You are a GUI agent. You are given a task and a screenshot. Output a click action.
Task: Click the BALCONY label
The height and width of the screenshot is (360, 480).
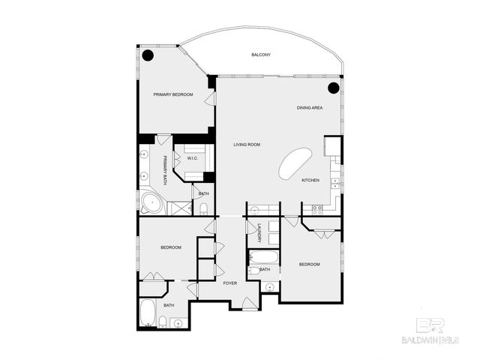coord(261,55)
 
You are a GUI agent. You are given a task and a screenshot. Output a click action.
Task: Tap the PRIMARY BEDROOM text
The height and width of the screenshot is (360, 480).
coord(173,94)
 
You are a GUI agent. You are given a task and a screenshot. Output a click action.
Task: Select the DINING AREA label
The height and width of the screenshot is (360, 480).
coord(309,109)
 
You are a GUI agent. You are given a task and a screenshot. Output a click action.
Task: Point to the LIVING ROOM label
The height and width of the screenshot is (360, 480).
coord(246,145)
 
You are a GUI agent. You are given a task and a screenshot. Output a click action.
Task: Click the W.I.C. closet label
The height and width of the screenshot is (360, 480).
coord(193,158)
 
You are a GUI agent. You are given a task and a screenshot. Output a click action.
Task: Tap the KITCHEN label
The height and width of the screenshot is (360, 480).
coord(310,181)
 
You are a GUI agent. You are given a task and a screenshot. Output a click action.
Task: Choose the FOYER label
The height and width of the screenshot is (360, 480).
coord(230,283)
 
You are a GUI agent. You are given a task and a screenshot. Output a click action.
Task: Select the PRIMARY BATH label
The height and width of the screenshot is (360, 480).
coord(165,169)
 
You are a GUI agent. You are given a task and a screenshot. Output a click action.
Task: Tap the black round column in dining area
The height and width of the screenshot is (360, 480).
coord(334,87)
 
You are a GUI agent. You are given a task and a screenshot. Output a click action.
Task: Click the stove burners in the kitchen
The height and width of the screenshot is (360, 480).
coord(316,211)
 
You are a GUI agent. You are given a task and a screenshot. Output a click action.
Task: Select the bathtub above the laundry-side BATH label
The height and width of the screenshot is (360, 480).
coord(263,259)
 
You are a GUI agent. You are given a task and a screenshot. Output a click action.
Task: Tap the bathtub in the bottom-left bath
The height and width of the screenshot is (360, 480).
coord(148,312)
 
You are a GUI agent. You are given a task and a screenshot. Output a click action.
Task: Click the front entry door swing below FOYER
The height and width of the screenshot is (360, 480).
coord(248,302)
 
